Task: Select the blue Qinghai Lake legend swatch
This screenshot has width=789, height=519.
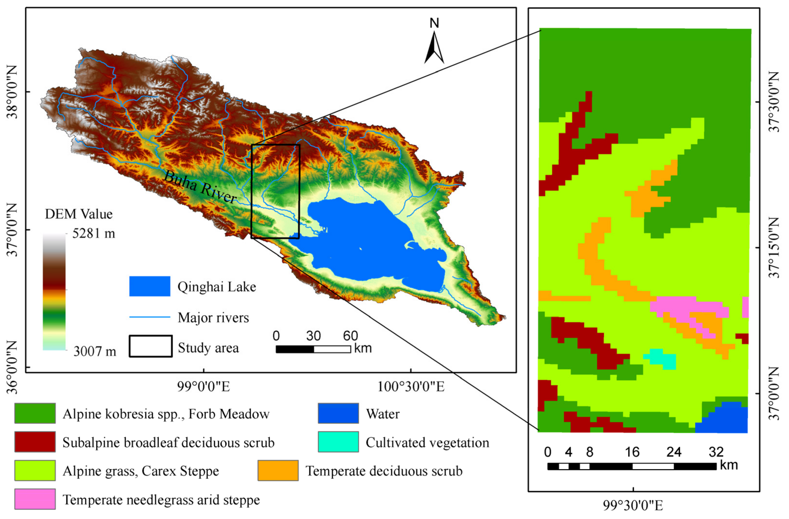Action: pyautogui.click(x=150, y=286)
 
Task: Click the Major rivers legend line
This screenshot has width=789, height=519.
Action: pyautogui.click(x=150, y=317)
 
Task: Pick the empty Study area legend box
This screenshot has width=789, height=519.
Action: pyautogui.click(x=150, y=346)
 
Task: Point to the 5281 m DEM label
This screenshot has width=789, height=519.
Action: pyautogui.click(x=94, y=234)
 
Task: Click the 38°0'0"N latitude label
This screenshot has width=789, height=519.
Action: pyautogui.click(x=12, y=92)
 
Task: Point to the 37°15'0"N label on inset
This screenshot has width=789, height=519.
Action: pyautogui.click(x=775, y=247)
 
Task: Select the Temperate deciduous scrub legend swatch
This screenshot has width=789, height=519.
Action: pyautogui.click(x=278, y=471)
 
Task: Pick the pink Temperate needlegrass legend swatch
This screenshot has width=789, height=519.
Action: pyautogui.click(x=35, y=499)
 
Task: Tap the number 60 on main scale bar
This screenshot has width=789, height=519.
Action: pyautogui.click(x=350, y=336)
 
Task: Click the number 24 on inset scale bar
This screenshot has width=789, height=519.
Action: pyautogui.click(x=674, y=452)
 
